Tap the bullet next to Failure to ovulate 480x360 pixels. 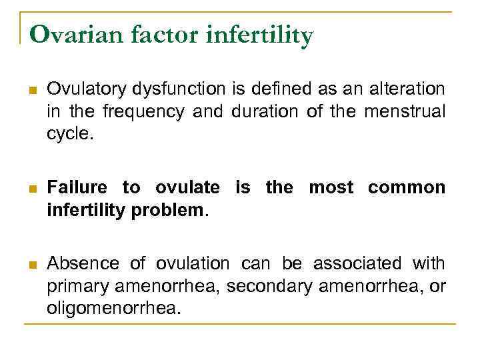32,189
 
